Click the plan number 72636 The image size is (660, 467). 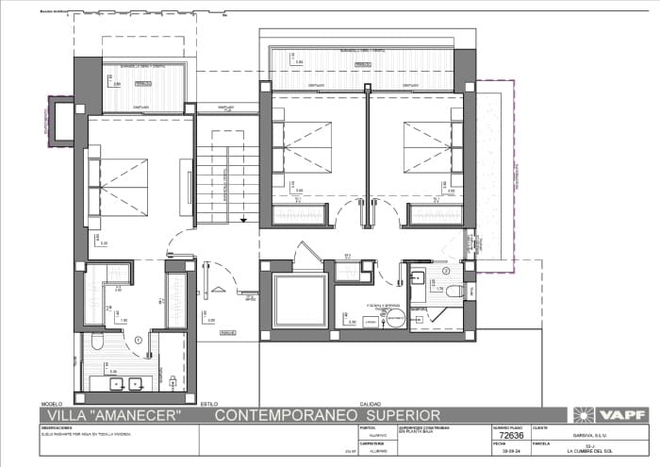tap(510, 436)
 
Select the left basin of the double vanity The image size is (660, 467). tap(115, 383)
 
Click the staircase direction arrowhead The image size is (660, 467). tap(243, 219)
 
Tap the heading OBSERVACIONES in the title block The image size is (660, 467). tap(58, 427)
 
